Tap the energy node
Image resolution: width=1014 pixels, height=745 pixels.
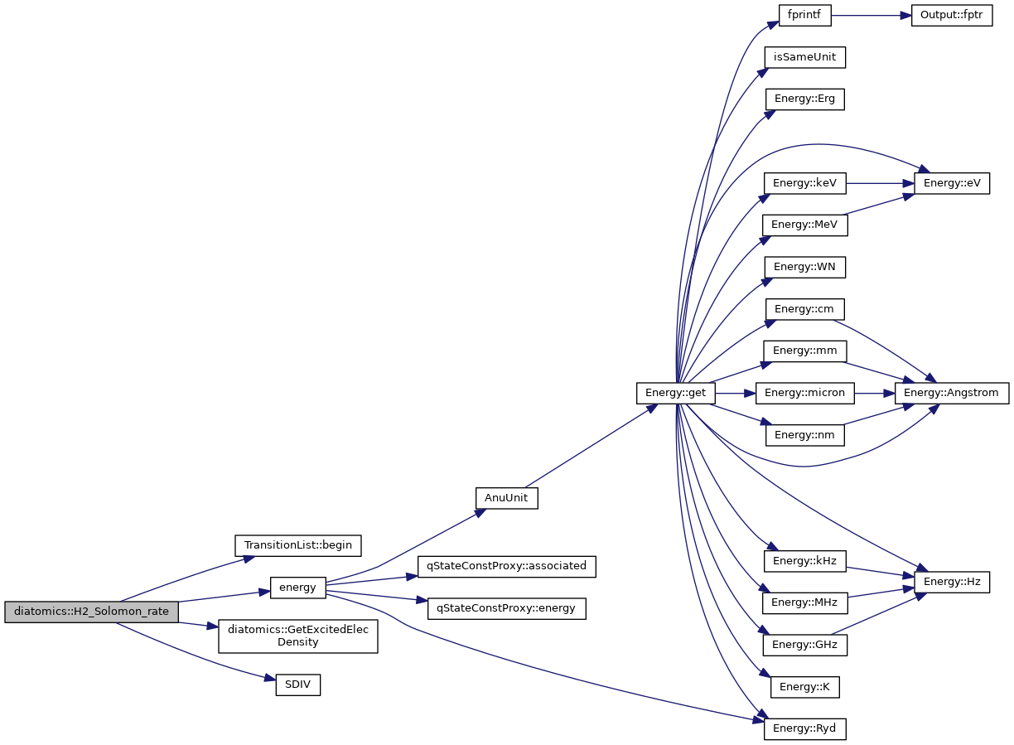pyautogui.click(x=297, y=588)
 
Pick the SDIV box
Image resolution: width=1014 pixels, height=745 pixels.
pyautogui.click(x=297, y=685)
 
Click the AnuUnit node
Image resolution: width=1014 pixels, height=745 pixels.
pyautogui.click(x=506, y=498)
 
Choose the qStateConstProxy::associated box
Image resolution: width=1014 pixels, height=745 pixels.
pyautogui.click(x=506, y=566)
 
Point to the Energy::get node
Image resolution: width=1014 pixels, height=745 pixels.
pyautogui.click(x=675, y=392)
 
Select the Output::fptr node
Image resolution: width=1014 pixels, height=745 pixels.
pyautogui.click(x=951, y=16)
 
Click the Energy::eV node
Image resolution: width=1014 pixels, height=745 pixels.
pyautogui.click(x=951, y=182)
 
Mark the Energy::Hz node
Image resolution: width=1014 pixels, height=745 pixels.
pyautogui.click(x=951, y=581)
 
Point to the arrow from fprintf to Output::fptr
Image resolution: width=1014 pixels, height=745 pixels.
pyautogui.click(x=870, y=16)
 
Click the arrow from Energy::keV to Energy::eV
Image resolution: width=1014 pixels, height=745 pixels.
pyautogui.click(x=878, y=182)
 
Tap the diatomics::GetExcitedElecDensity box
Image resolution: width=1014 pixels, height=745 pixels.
pyautogui.click(x=297, y=636)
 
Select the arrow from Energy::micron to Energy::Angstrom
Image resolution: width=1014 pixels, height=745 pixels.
pyautogui.click(x=874, y=392)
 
